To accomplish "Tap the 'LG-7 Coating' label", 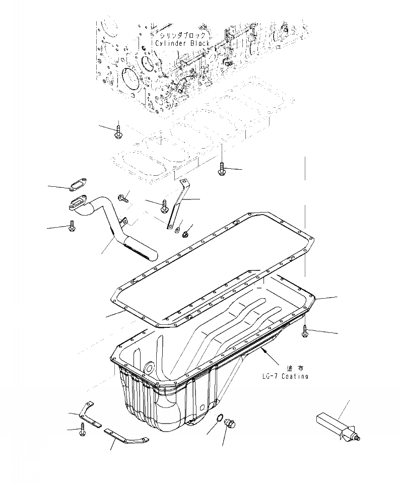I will (x=285, y=376).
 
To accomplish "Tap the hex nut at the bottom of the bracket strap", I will (x=186, y=233).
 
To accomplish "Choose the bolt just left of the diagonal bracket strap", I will (x=165, y=205).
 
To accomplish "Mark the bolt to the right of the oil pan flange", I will (x=305, y=330).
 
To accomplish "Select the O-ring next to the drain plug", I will (x=219, y=419).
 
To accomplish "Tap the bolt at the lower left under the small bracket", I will (x=82, y=430).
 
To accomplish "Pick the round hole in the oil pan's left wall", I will (x=149, y=367).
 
